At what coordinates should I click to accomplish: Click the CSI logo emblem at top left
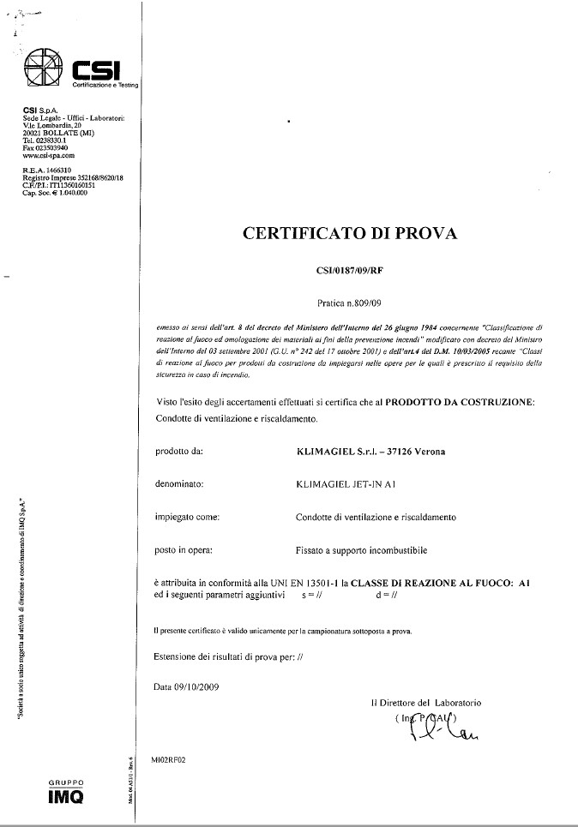pos(42,67)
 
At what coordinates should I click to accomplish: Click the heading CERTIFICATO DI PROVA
pos(351,232)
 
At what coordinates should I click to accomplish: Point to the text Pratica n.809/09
pos(350,303)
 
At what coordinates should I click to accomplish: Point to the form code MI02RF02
pos(167,758)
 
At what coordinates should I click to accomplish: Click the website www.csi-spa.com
pos(49,155)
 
